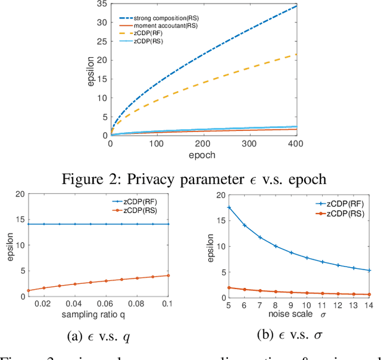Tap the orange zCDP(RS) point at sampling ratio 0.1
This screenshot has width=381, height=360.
coord(169,275)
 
